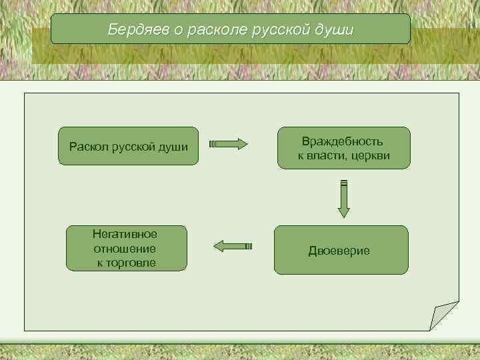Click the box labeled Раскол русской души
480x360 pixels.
(x=129, y=146)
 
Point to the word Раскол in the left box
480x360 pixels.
(x=89, y=146)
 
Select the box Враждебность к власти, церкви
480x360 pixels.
(x=343, y=147)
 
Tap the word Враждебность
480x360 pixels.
(x=343, y=141)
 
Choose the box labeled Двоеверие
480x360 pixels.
(x=341, y=250)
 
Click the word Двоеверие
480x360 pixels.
(x=339, y=251)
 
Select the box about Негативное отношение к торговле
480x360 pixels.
(x=125, y=249)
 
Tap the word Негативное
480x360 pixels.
(x=125, y=235)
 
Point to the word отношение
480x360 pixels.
(x=125, y=249)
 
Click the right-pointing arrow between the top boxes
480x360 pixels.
(x=228, y=144)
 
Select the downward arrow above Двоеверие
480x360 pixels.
(x=343, y=199)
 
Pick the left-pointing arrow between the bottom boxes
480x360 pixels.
(x=232, y=246)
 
